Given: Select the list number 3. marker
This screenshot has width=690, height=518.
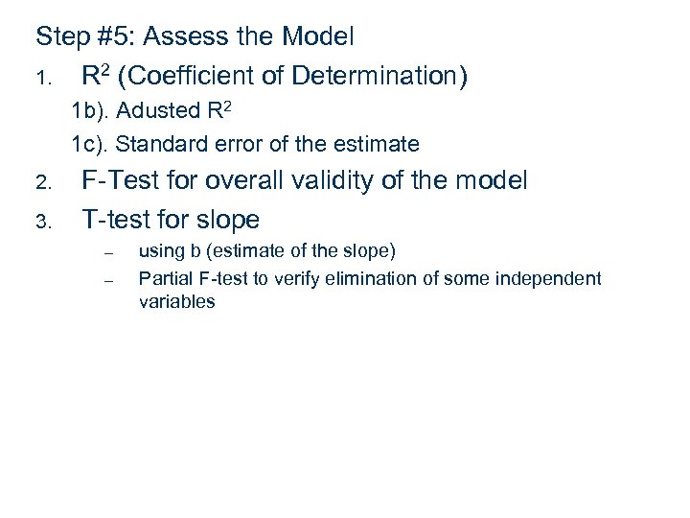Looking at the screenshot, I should (x=42, y=223).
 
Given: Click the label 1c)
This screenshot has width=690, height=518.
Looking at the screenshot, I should (x=91, y=145).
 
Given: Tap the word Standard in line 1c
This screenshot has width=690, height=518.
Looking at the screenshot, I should (x=160, y=145).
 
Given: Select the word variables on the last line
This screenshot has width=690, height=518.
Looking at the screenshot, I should (x=177, y=301).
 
